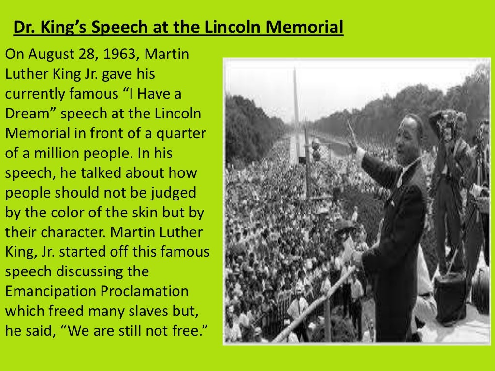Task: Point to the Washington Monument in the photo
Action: [296, 97]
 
